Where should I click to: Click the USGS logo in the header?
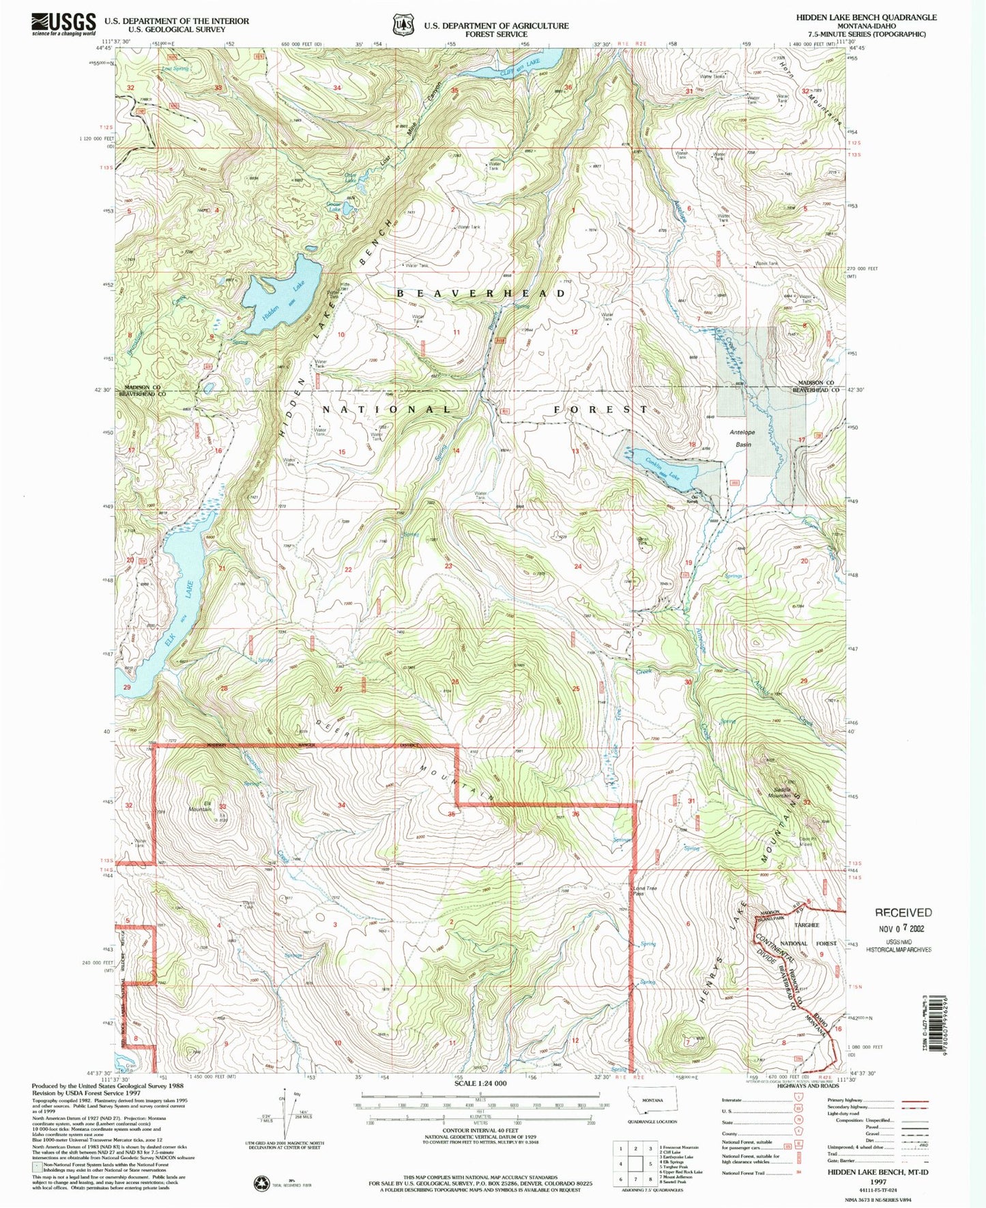click(63, 25)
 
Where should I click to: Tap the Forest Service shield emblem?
click(403, 25)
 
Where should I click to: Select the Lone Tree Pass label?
click(639, 890)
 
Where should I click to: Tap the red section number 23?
click(448, 565)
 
